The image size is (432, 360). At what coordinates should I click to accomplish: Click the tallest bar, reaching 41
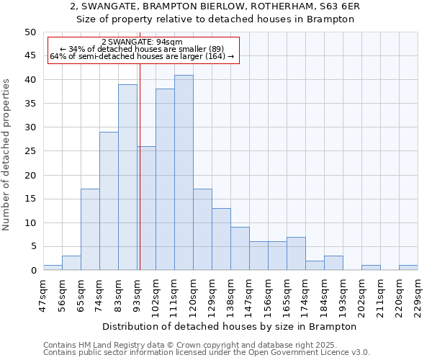click(184, 173)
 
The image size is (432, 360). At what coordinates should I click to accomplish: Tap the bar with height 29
click(109, 201)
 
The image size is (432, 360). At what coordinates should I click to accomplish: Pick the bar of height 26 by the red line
click(146, 208)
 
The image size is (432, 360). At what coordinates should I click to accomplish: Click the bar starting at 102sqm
click(165, 179)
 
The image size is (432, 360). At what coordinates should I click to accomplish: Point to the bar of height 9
click(240, 248)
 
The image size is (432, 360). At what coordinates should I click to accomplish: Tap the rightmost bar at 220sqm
click(408, 268)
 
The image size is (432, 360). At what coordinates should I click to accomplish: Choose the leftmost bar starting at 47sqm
click(53, 268)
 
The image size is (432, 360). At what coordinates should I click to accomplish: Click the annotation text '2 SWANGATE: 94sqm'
click(142, 42)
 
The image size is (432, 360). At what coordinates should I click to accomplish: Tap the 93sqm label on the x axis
click(137, 294)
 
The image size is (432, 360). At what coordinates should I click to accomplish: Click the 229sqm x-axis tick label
click(418, 294)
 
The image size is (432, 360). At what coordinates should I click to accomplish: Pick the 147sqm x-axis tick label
click(249, 294)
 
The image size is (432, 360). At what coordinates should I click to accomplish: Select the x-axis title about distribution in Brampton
click(235, 326)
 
